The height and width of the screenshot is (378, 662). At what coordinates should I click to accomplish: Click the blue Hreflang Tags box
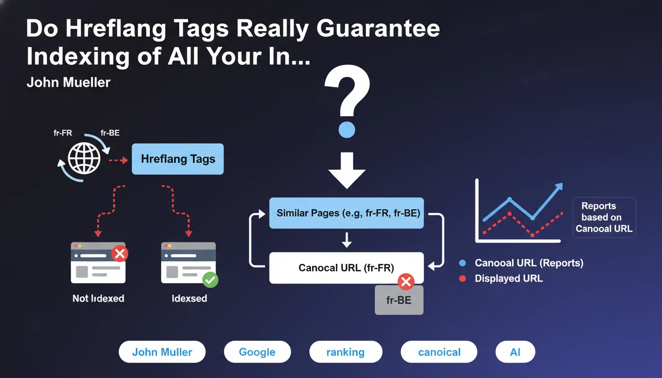tap(178, 159)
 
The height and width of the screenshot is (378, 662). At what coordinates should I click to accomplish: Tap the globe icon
tap(84, 158)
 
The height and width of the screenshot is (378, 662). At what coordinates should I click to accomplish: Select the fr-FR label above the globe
tap(63, 133)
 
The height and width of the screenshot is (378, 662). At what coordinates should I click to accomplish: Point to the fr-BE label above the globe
tap(110, 133)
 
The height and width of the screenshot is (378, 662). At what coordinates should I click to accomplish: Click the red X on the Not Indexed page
tap(120, 253)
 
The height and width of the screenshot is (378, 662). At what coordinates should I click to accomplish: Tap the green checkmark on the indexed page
tap(210, 280)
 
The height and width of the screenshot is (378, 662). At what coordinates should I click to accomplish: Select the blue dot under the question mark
tap(347, 129)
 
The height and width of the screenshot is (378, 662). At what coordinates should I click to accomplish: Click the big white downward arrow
tap(347, 170)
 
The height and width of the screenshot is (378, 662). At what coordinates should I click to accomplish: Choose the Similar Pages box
tap(346, 213)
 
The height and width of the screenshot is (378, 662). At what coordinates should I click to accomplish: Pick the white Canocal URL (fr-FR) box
tap(346, 268)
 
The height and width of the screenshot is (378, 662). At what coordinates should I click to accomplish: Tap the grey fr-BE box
tap(399, 300)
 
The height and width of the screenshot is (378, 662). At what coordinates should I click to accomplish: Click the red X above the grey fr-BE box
tap(406, 282)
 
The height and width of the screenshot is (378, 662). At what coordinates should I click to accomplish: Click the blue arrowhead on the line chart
tap(559, 187)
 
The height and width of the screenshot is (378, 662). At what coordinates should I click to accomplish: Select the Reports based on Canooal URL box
tap(604, 218)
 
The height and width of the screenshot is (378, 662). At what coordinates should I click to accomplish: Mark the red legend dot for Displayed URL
tap(463, 279)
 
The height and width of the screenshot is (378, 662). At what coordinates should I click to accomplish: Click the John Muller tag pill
tap(162, 352)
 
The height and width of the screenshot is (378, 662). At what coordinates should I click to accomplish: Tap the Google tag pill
tap(257, 352)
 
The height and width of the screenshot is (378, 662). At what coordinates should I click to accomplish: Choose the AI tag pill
tap(515, 352)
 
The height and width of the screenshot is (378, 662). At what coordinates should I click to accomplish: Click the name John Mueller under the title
tap(68, 82)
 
